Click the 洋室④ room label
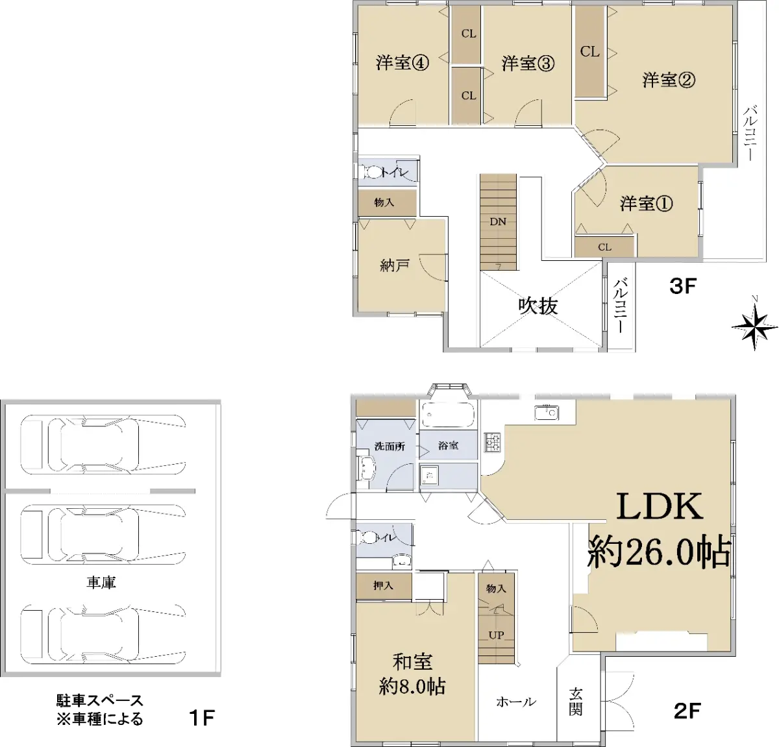point(402,63)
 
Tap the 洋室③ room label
point(528,63)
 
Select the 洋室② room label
point(669,80)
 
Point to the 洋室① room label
point(646,204)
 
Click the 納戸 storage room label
point(394,265)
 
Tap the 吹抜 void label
point(538,306)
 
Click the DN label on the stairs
point(498,221)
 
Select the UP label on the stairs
point(496,635)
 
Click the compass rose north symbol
point(754,326)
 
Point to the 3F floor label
point(683,286)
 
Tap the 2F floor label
point(687,711)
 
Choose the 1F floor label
point(202,718)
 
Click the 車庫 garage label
point(101,582)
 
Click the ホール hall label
point(516,702)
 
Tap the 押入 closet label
point(383,586)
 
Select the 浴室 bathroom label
point(449,445)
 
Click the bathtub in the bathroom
point(449,415)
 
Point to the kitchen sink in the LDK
point(547,413)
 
